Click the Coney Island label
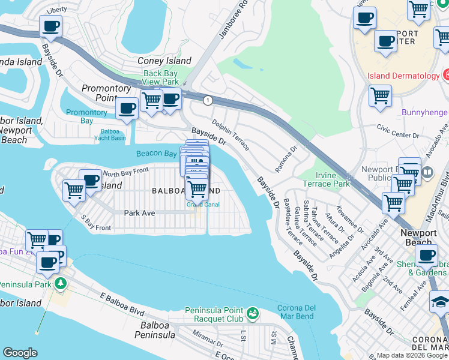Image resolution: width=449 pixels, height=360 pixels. pyautogui.click(x=164, y=61)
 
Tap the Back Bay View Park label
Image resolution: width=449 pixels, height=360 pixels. pyautogui.click(x=161, y=77)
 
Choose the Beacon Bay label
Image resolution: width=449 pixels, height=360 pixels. pyautogui.click(x=156, y=154)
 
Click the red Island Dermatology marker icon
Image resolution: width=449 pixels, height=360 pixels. pyautogui.click(x=447, y=76)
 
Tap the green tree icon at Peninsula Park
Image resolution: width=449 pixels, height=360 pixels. pyautogui.click(x=60, y=283)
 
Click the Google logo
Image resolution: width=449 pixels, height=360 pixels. pyautogui.click(x=20, y=353)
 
